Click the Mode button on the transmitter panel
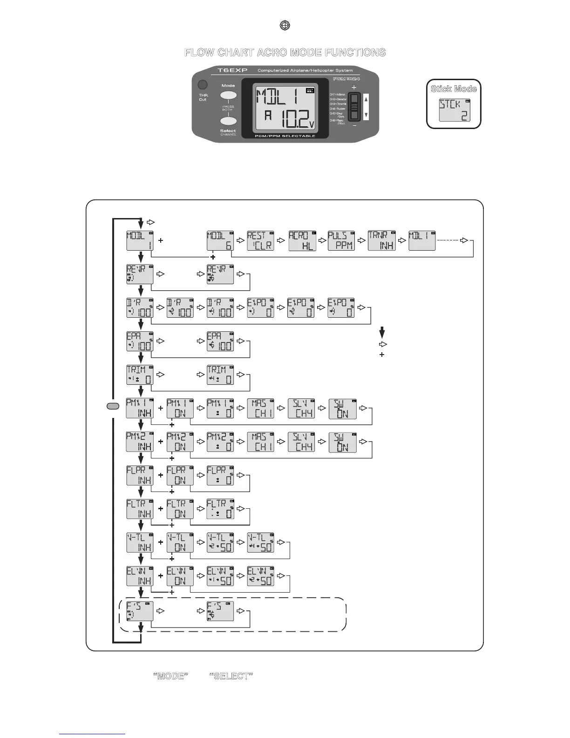click(x=228, y=96)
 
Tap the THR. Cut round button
click(x=203, y=85)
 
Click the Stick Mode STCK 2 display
click(x=455, y=110)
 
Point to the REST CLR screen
click(x=261, y=240)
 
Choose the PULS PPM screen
click(x=341, y=240)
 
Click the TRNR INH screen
click(x=382, y=240)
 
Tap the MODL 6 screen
click(x=220, y=240)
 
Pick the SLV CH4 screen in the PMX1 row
click(x=301, y=409)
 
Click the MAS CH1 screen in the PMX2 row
click(x=261, y=442)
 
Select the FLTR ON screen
click(x=180, y=509)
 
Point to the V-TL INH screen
click(x=140, y=543)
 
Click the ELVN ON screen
click(x=180, y=576)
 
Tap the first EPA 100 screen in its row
click(x=140, y=342)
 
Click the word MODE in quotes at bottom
click(x=170, y=676)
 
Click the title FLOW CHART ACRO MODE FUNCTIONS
click(x=285, y=53)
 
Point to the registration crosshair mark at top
click(x=285, y=26)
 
